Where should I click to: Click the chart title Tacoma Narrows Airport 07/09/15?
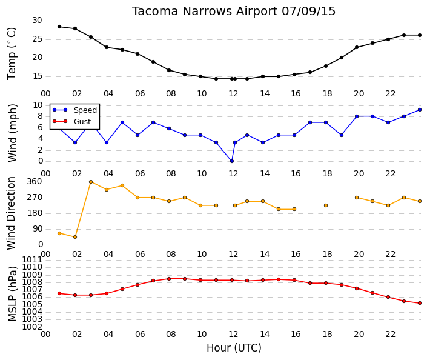pyautogui.click(x=234, y=12)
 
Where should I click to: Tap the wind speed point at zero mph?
pyautogui.click(x=232, y=161)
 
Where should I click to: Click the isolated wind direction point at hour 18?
pyautogui.click(x=326, y=205)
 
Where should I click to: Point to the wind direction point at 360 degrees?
pyautogui.click(x=91, y=182)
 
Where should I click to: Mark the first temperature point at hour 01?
pyautogui.click(x=59, y=27)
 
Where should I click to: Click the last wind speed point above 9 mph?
pyautogui.click(x=420, y=110)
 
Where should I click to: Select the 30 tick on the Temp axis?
pyautogui.click(x=37, y=21)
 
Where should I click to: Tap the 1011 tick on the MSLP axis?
pyautogui.click(x=32, y=259)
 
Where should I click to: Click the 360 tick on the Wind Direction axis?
pyautogui.click(x=35, y=182)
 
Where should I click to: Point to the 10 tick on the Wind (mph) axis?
pyautogui.click(x=38, y=105)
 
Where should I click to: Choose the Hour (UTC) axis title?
pyautogui.click(x=234, y=348)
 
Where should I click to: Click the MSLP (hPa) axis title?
pyautogui.click(x=12, y=294)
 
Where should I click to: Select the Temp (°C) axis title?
pyautogui.click(x=12, y=54)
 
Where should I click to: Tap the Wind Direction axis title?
pyautogui.click(x=11, y=213)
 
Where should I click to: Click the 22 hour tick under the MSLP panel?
pyautogui.click(x=390, y=334)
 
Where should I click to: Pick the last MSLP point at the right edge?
pyautogui.click(x=420, y=303)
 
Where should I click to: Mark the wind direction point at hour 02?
pyautogui.click(x=75, y=237)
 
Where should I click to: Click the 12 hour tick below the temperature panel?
pyautogui.click(x=233, y=94)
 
